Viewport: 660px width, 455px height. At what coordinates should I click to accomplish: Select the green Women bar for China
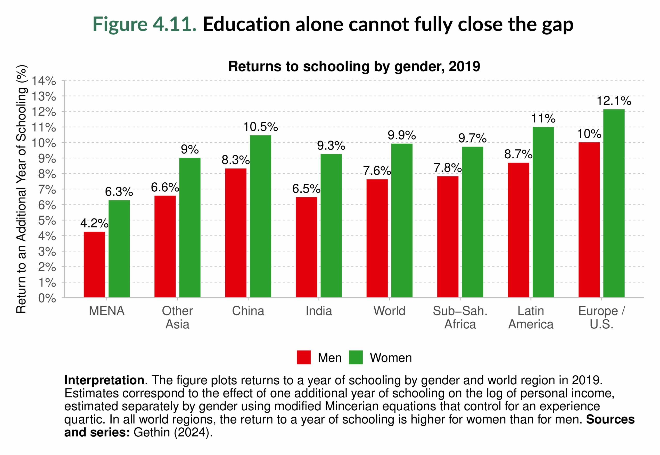point(260,217)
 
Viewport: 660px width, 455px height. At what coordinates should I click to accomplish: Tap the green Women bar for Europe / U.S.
point(614,204)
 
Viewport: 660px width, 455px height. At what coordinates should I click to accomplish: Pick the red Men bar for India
point(306,247)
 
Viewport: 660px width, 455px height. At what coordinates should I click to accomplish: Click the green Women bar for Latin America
point(543,212)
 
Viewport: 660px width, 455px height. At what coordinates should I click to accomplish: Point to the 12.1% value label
point(614,101)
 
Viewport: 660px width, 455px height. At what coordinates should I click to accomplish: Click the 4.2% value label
point(94,223)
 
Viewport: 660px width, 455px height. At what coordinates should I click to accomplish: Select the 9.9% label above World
point(402,135)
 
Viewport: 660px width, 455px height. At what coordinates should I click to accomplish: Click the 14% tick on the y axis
point(44,81)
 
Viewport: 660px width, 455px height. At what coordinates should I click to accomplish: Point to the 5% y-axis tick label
point(47,221)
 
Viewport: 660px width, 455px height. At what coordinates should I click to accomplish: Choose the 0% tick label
point(47,298)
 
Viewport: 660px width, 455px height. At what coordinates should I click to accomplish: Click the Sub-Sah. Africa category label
point(460,318)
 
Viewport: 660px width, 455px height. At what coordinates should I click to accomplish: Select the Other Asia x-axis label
point(177,318)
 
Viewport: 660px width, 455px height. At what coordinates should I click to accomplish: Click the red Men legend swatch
point(303,358)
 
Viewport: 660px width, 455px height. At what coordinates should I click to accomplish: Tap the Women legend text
point(391,358)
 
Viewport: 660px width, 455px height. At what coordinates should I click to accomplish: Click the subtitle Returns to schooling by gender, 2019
point(354,67)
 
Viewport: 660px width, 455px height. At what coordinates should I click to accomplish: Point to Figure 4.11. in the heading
point(144,24)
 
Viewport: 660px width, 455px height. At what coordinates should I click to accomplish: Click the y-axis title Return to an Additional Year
point(21,189)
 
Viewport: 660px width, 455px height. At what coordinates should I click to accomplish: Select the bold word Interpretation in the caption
point(104,380)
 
